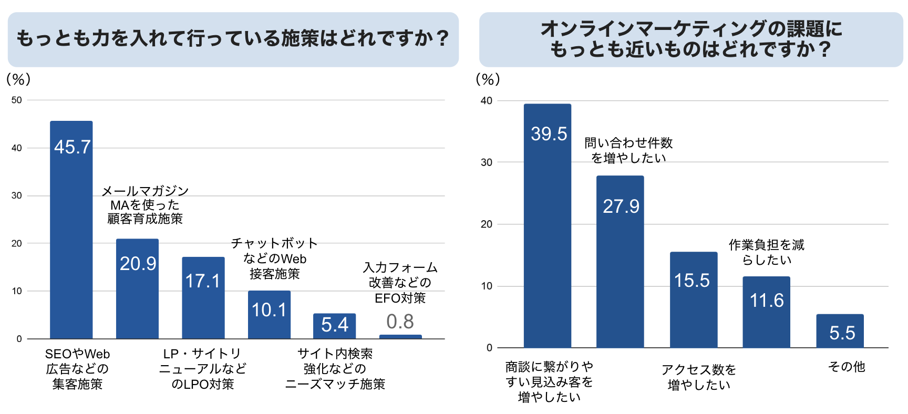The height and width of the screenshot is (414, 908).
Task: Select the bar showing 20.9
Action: (137, 289)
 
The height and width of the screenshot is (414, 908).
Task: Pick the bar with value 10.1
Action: (269, 315)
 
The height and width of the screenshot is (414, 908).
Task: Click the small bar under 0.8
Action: (400, 336)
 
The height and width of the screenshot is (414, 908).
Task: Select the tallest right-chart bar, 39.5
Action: (547, 226)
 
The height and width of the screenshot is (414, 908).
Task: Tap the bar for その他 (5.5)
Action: (840, 331)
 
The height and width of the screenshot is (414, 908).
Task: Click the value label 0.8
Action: (400, 322)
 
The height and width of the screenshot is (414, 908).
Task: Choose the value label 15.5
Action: (692, 281)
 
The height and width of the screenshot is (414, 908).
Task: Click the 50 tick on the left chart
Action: (17, 100)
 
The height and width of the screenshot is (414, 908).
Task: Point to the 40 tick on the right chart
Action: (487, 100)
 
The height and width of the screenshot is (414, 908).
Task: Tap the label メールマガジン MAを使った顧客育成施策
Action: (145, 205)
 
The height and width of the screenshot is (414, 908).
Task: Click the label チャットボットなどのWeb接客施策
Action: (274, 258)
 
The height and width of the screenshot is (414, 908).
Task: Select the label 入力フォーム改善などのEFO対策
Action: (400, 283)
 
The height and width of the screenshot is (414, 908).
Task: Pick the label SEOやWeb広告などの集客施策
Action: (77, 369)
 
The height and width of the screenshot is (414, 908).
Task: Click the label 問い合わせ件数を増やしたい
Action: (628, 150)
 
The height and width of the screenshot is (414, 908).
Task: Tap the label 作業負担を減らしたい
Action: (766, 252)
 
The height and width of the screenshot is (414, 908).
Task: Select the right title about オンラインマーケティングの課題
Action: (690, 39)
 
